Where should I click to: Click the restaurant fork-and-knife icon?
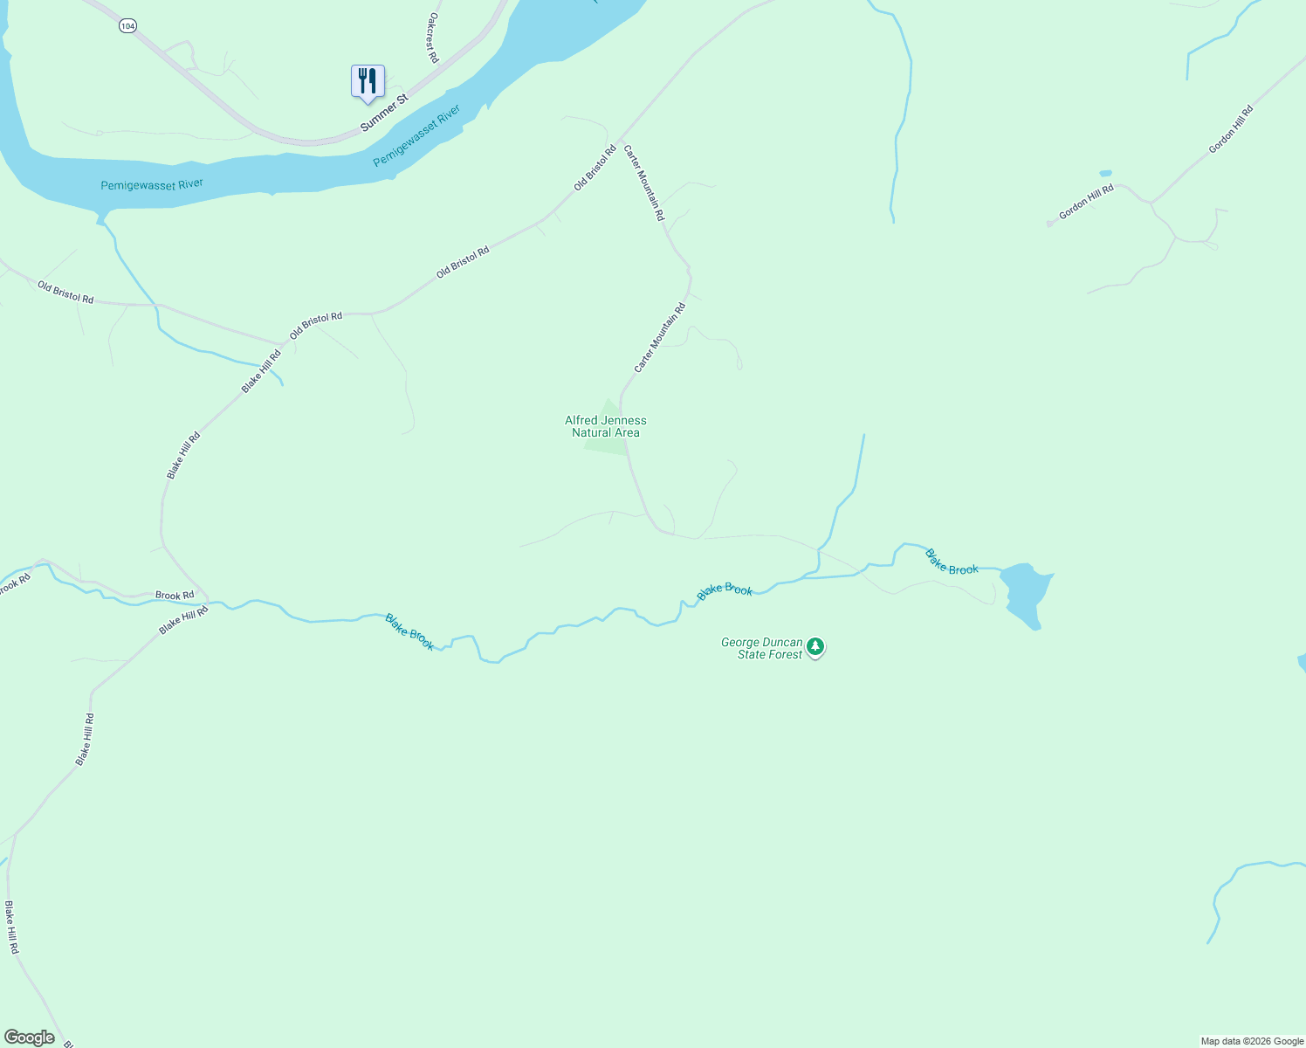coord(368,81)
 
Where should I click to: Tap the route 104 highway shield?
coord(127,26)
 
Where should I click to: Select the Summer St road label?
coord(384,114)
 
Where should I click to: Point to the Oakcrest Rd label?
coord(432,38)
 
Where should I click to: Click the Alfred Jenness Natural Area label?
coord(606,426)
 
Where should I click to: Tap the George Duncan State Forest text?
coord(761,648)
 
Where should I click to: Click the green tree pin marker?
coord(815,647)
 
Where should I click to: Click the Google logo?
coord(30,1037)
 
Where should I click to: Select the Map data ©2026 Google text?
coord(1252,1041)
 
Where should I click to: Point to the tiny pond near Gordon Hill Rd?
coord(1106,173)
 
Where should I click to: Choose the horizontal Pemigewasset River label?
coord(152,185)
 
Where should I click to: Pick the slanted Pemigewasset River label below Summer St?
coord(416,137)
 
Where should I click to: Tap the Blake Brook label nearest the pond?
coord(952,562)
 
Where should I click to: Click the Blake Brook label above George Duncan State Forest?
coord(725,591)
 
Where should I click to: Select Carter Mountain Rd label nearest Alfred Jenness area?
coord(660,338)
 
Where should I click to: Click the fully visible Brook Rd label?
coord(175,596)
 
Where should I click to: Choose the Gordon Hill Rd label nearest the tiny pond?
coord(1086,201)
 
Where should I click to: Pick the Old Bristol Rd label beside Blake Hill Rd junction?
coord(316,325)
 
